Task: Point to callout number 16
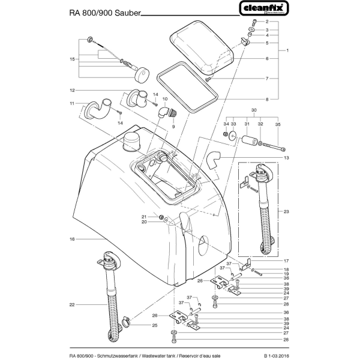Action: (x=71, y=238)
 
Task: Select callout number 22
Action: (x=71, y=305)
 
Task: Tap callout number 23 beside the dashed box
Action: (x=287, y=211)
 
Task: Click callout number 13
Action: (x=287, y=157)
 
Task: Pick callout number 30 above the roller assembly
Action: (x=253, y=110)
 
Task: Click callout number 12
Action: (x=71, y=91)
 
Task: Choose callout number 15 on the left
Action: (x=71, y=59)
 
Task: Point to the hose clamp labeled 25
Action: (x=126, y=325)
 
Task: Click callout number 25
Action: (x=154, y=326)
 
